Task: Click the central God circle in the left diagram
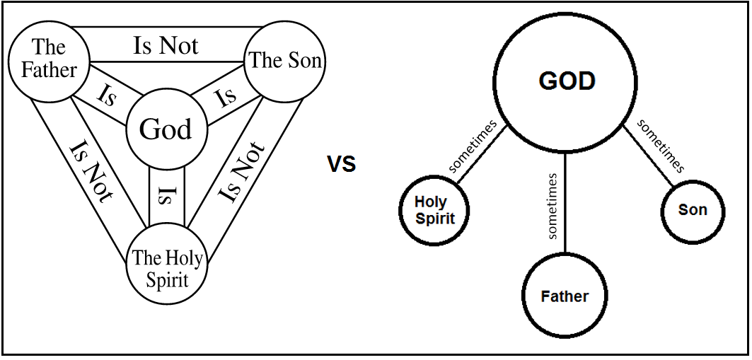(x=166, y=130)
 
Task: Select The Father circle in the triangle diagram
(x=48, y=59)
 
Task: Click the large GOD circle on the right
(x=567, y=81)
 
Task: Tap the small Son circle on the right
(x=692, y=210)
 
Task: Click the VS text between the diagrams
(x=341, y=164)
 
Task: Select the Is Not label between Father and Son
(x=166, y=45)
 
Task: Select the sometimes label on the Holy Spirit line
(x=472, y=146)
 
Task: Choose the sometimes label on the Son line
(x=661, y=146)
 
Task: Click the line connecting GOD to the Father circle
(x=565, y=212)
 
